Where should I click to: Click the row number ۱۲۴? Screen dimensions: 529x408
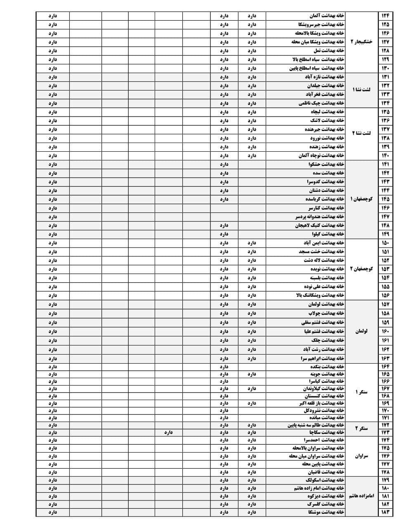pyautogui.click(x=385, y=16)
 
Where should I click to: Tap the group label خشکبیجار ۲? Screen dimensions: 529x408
pyautogui.click(x=361, y=42)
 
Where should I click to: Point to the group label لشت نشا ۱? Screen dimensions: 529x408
pyautogui.click(x=361, y=90)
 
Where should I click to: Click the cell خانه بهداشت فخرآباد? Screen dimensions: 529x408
pyautogui.click(x=323, y=94)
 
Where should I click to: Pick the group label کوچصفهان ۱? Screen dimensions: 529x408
pyautogui.click(x=361, y=199)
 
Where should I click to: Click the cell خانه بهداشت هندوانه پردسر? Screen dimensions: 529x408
pyautogui.click(x=319, y=217)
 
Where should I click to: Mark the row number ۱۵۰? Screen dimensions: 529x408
pyautogui.click(x=385, y=243)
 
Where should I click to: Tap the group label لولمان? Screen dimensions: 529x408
pyautogui.click(x=361, y=331)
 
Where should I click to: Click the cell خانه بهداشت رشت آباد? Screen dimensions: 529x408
pyautogui.click(x=323, y=349)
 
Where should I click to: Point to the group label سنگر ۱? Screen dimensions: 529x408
pyautogui.click(x=361, y=392)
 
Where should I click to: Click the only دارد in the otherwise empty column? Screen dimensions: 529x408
pyautogui.click(x=168, y=432)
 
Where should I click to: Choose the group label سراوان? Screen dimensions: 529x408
pyautogui.click(x=361, y=456)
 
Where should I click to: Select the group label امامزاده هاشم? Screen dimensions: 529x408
pyautogui.click(x=361, y=496)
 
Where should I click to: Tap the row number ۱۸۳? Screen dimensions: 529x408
pyautogui.click(x=385, y=512)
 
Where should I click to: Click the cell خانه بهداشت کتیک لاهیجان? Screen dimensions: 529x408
pyautogui.click(x=319, y=226)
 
